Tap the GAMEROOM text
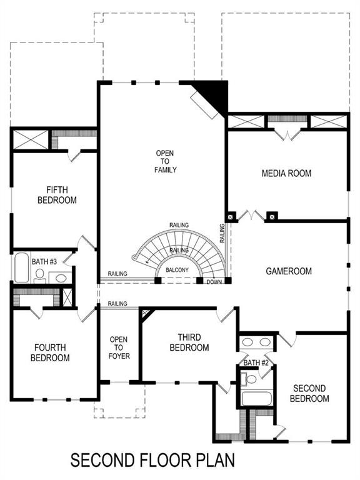pyautogui.click(x=288, y=271)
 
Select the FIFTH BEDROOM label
pyautogui.click(x=61, y=195)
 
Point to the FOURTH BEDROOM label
pyautogui.click(x=52, y=352)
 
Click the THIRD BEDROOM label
pyautogui.click(x=188, y=342)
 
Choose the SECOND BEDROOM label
pyautogui.click(x=309, y=393)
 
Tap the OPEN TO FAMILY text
pyautogui.click(x=166, y=161)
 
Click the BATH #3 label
pyautogui.click(x=44, y=261)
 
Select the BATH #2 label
pyautogui.click(x=256, y=362)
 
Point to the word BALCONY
pyautogui.click(x=177, y=271)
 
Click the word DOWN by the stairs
pyautogui.click(x=213, y=281)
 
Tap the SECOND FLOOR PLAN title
pyautogui.click(x=152, y=461)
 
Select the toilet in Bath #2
pyautogui.click(x=251, y=379)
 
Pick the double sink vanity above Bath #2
pyautogui.click(x=257, y=342)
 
